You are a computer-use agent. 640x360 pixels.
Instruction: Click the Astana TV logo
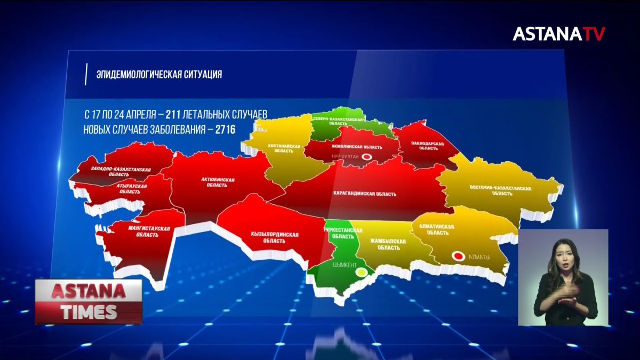[x=559, y=34]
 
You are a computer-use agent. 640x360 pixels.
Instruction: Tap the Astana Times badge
[x=89, y=301]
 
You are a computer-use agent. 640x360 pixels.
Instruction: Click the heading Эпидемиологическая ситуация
[x=159, y=75]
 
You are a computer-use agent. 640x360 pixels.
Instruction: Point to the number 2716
[x=226, y=129]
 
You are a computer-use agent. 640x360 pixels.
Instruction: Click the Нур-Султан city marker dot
[x=367, y=157]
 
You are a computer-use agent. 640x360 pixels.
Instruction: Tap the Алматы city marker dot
[x=458, y=256]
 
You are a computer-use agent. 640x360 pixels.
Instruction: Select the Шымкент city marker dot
[x=362, y=272]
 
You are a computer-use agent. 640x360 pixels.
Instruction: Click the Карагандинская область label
[x=365, y=194]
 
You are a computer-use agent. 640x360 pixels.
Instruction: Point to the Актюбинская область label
[x=216, y=183]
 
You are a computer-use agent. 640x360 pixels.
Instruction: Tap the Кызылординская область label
[x=275, y=238]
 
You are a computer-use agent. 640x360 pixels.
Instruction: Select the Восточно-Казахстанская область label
[x=500, y=191]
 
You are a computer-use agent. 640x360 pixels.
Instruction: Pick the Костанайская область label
[x=287, y=148]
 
